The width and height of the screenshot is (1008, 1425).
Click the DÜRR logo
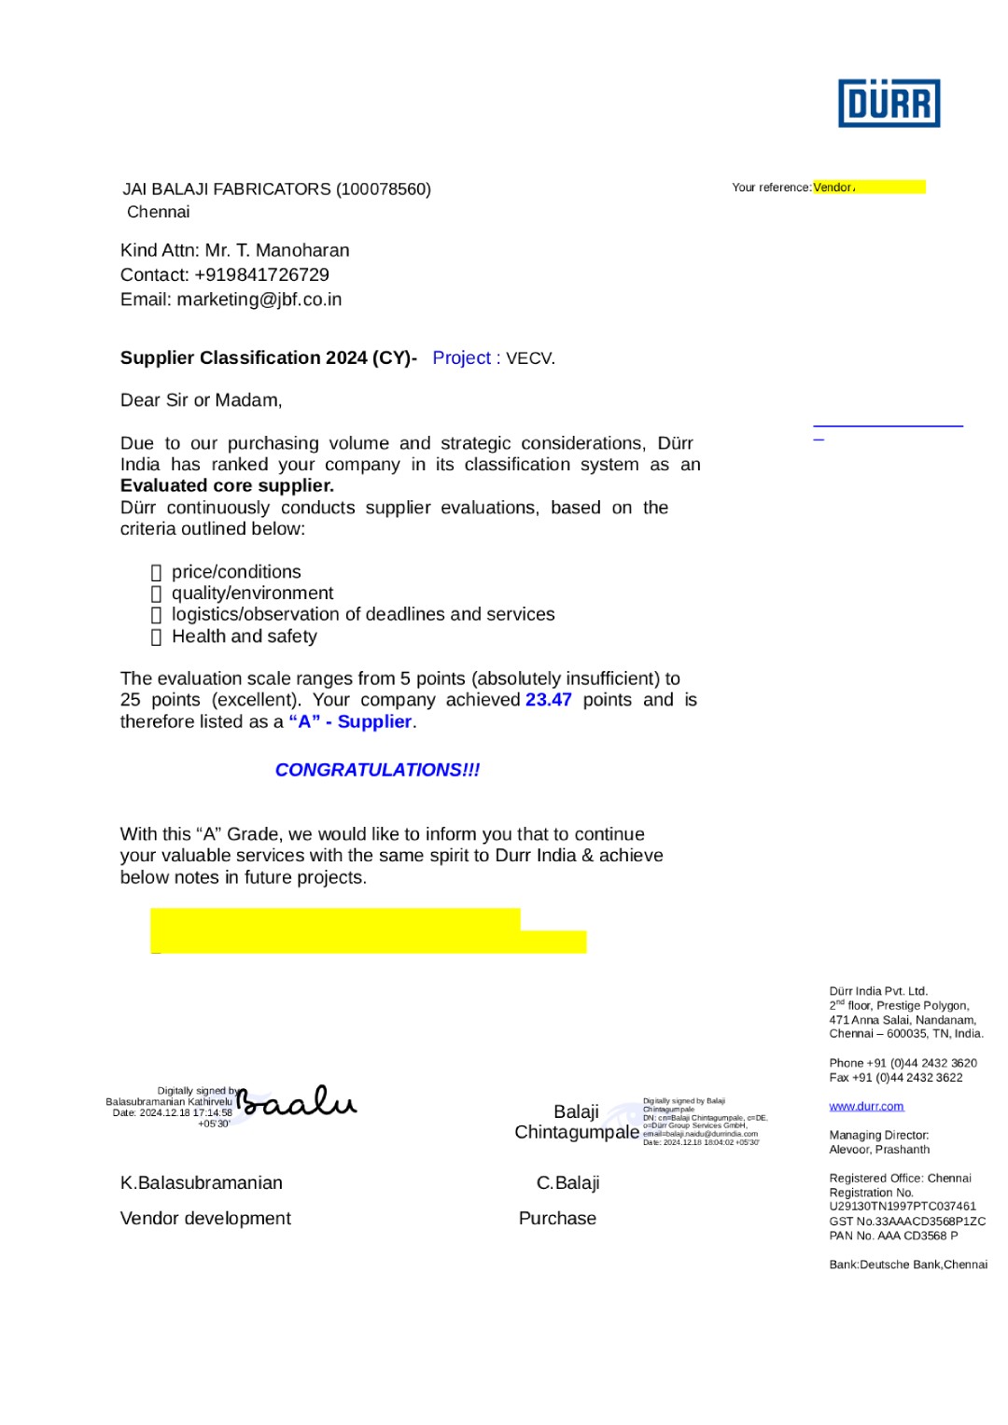tap(889, 103)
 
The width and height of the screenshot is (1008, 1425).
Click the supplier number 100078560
tap(383, 189)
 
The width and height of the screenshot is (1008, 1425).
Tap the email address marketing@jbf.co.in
tap(259, 300)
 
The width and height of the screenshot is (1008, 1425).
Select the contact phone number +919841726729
tap(261, 275)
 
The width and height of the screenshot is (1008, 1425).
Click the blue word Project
tap(461, 358)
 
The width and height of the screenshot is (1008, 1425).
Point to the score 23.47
tap(548, 700)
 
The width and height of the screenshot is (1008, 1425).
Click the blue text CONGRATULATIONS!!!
tap(377, 770)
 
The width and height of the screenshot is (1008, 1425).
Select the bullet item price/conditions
tap(236, 572)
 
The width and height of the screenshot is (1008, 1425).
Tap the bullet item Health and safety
tap(245, 636)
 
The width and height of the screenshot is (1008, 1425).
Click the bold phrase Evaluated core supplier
tap(227, 486)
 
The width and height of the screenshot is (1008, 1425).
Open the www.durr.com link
tap(866, 1107)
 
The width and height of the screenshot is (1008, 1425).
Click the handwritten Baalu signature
tap(297, 1103)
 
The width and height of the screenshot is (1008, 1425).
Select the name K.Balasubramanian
tap(202, 1183)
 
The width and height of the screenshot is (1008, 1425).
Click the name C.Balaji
tap(567, 1183)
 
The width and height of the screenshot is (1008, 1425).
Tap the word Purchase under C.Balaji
tap(557, 1219)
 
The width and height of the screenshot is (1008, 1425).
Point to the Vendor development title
tap(205, 1219)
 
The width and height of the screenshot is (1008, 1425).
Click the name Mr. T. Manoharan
tap(277, 251)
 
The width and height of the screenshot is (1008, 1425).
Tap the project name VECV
tap(530, 359)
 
